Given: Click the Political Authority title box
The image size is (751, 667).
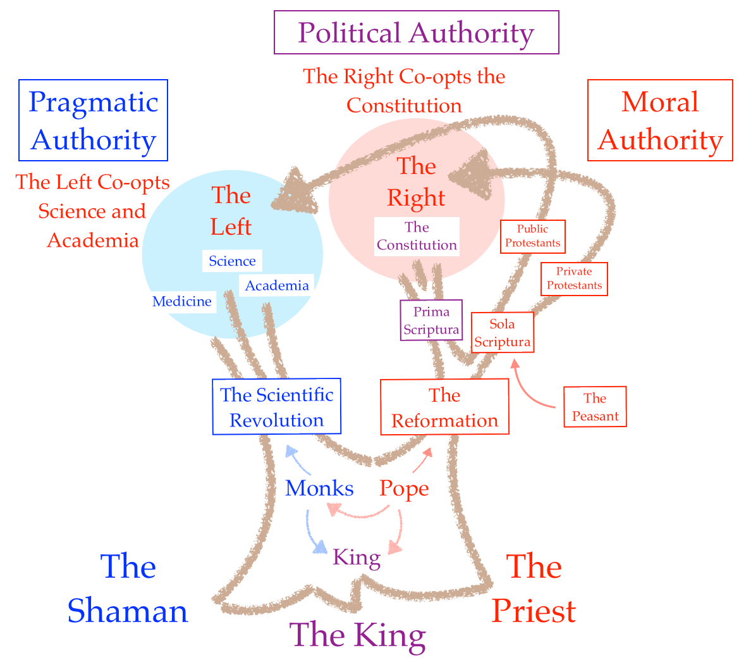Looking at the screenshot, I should coord(416,32).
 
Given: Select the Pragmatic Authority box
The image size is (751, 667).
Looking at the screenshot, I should coord(93,120).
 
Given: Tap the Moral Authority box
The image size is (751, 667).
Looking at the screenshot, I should coord(660,120).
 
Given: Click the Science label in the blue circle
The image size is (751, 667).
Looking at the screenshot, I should coord(232,261).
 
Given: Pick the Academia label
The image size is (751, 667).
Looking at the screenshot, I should coord(277,285).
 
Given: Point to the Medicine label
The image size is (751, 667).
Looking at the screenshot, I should coord(182,301).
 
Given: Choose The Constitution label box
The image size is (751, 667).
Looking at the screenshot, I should coord(417,236).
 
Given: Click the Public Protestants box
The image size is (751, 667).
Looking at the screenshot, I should coord(532,236).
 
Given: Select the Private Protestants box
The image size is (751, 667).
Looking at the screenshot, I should coord(574,278).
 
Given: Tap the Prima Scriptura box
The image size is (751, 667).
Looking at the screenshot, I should coord(431,320).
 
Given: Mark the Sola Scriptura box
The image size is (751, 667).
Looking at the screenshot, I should coord(503,333).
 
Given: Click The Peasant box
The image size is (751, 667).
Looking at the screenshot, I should coord(595,407).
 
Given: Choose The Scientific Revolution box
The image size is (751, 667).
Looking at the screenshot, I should coord(276,407).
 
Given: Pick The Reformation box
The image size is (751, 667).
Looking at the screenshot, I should coord(444,408).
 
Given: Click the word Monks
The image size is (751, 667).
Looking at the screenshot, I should coord(319,488).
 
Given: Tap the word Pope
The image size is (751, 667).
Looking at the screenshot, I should coord(404,489).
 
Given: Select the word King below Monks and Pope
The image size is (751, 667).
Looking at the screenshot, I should coord(357,558).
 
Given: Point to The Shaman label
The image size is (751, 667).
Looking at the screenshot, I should coord(128,589).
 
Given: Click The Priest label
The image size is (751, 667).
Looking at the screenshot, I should coord(534,589).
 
